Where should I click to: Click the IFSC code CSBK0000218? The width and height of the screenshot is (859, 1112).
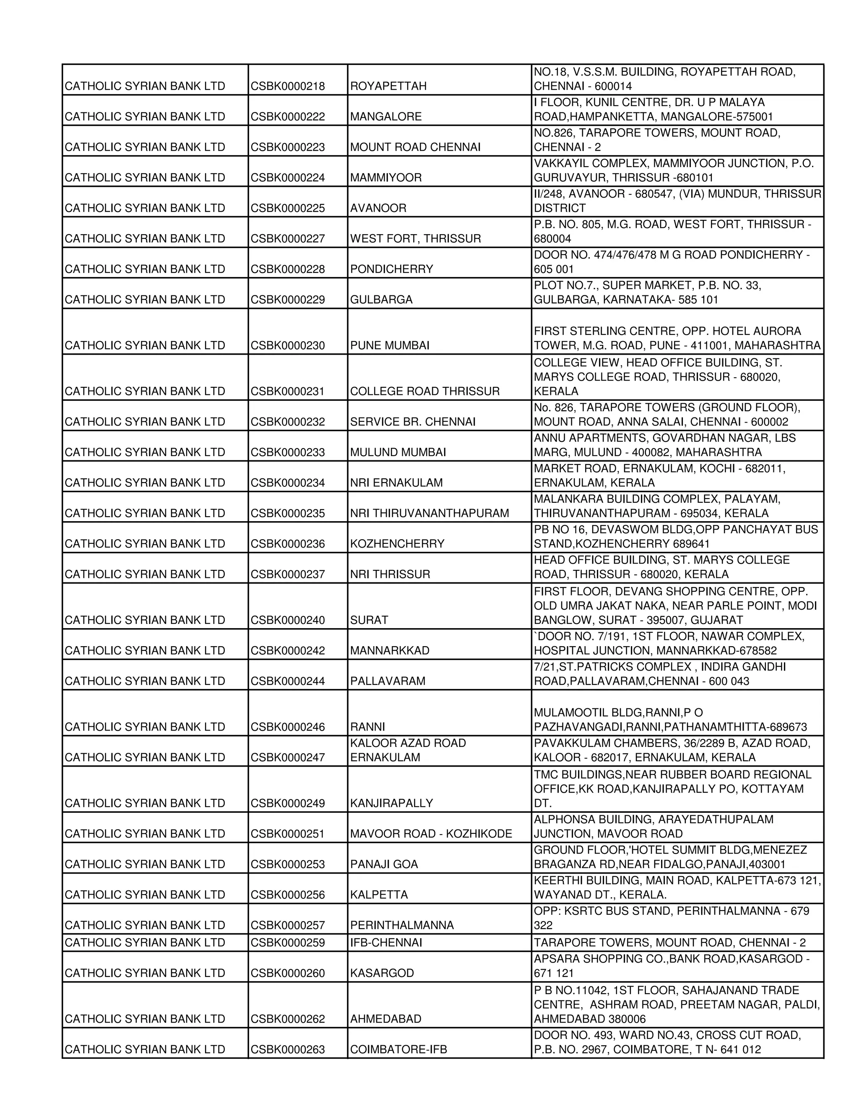click(x=287, y=86)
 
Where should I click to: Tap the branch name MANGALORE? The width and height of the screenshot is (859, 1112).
click(x=386, y=117)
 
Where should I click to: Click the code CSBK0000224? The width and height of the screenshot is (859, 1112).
click(x=287, y=178)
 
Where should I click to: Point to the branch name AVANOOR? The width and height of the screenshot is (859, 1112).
click(x=378, y=208)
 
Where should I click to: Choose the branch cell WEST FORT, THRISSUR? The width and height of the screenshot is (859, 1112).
click(x=415, y=239)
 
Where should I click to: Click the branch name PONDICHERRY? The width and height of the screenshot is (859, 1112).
click(x=391, y=269)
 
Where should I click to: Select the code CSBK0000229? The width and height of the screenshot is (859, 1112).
click(x=287, y=300)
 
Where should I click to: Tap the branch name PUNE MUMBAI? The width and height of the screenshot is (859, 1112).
click(x=389, y=346)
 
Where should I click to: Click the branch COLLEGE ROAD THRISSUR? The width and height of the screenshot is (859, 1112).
click(x=424, y=392)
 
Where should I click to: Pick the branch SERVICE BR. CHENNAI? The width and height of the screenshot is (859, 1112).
click(x=413, y=422)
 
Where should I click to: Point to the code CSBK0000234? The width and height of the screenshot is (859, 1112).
click(x=287, y=483)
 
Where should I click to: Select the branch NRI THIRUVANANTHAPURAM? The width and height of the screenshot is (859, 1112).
click(x=429, y=513)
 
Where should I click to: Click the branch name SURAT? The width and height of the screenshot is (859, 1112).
click(x=369, y=620)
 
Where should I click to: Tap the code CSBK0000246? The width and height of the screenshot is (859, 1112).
click(x=287, y=727)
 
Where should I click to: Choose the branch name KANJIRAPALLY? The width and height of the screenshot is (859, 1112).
click(x=391, y=804)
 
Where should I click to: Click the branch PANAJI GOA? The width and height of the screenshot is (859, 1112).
click(x=384, y=864)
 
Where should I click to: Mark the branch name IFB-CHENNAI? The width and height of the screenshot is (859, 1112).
click(x=386, y=943)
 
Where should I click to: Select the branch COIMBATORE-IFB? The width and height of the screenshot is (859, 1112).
click(x=398, y=1050)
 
